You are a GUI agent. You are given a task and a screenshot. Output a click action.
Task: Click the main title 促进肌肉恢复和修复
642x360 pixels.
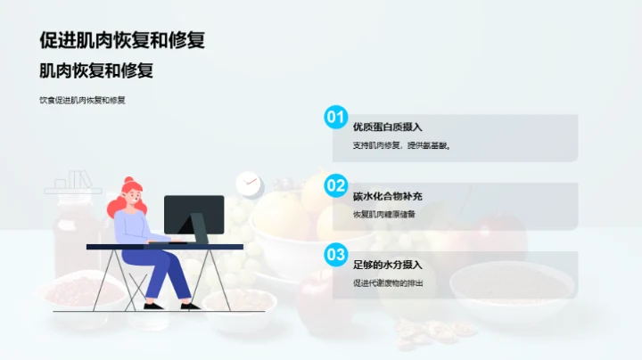tap(128, 40)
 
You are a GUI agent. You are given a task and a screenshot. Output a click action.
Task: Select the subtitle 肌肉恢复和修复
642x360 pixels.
tap(103, 71)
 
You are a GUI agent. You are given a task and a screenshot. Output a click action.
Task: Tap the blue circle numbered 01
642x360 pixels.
tap(335, 117)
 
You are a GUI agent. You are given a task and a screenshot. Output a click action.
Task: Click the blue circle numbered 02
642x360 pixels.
tap(335, 185)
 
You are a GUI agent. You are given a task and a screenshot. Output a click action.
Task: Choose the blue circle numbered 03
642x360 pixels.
tap(335, 254)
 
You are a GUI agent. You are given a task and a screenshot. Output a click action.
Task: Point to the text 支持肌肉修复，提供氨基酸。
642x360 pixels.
tap(401, 145)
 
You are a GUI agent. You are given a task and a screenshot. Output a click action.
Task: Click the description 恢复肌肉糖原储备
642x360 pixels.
tap(384, 214)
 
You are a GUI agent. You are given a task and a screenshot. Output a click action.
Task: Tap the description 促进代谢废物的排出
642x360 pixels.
tap(388, 282)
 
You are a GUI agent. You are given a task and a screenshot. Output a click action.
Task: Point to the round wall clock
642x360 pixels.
tap(248, 184)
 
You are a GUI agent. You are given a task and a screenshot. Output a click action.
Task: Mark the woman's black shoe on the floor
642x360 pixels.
tap(153, 306)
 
